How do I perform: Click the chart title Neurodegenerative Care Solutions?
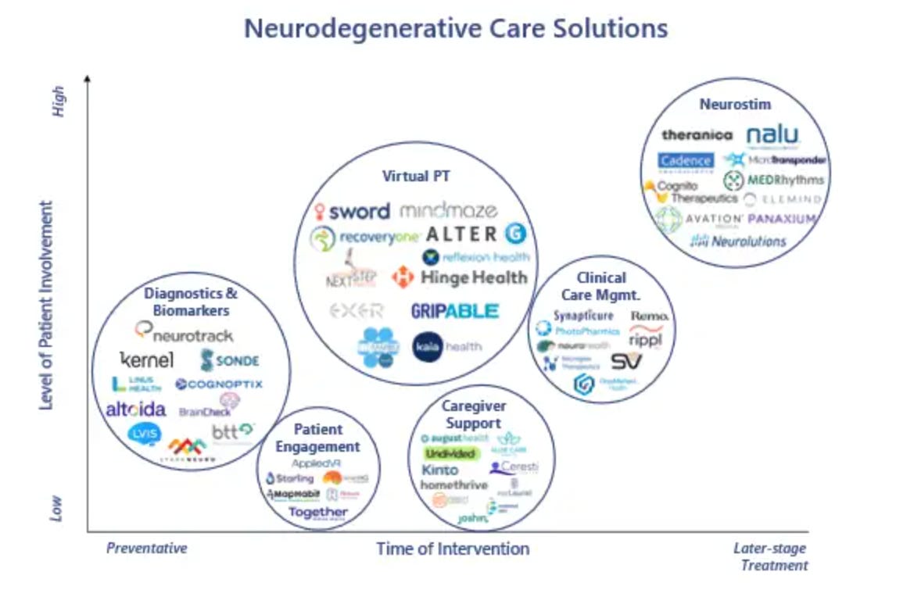click(x=456, y=29)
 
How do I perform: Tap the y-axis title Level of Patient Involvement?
click(x=48, y=306)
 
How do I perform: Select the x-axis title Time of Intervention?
click(x=453, y=549)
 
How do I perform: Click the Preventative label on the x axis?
click(x=147, y=549)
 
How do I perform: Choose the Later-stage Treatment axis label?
click(x=770, y=556)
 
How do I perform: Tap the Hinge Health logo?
click(x=460, y=277)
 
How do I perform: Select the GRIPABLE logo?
click(x=454, y=311)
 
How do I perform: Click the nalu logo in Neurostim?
click(x=772, y=135)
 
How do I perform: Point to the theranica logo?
click(x=697, y=135)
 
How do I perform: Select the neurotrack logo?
click(x=185, y=334)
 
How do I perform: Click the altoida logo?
click(x=136, y=409)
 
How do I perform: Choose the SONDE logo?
click(x=230, y=360)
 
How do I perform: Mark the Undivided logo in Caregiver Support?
click(x=450, y=454)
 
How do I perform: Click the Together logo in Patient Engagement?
click(x=318, y=513)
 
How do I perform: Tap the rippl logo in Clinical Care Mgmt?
click(x=646, y=340)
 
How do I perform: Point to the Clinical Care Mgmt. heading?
click(x=601, y=286)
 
